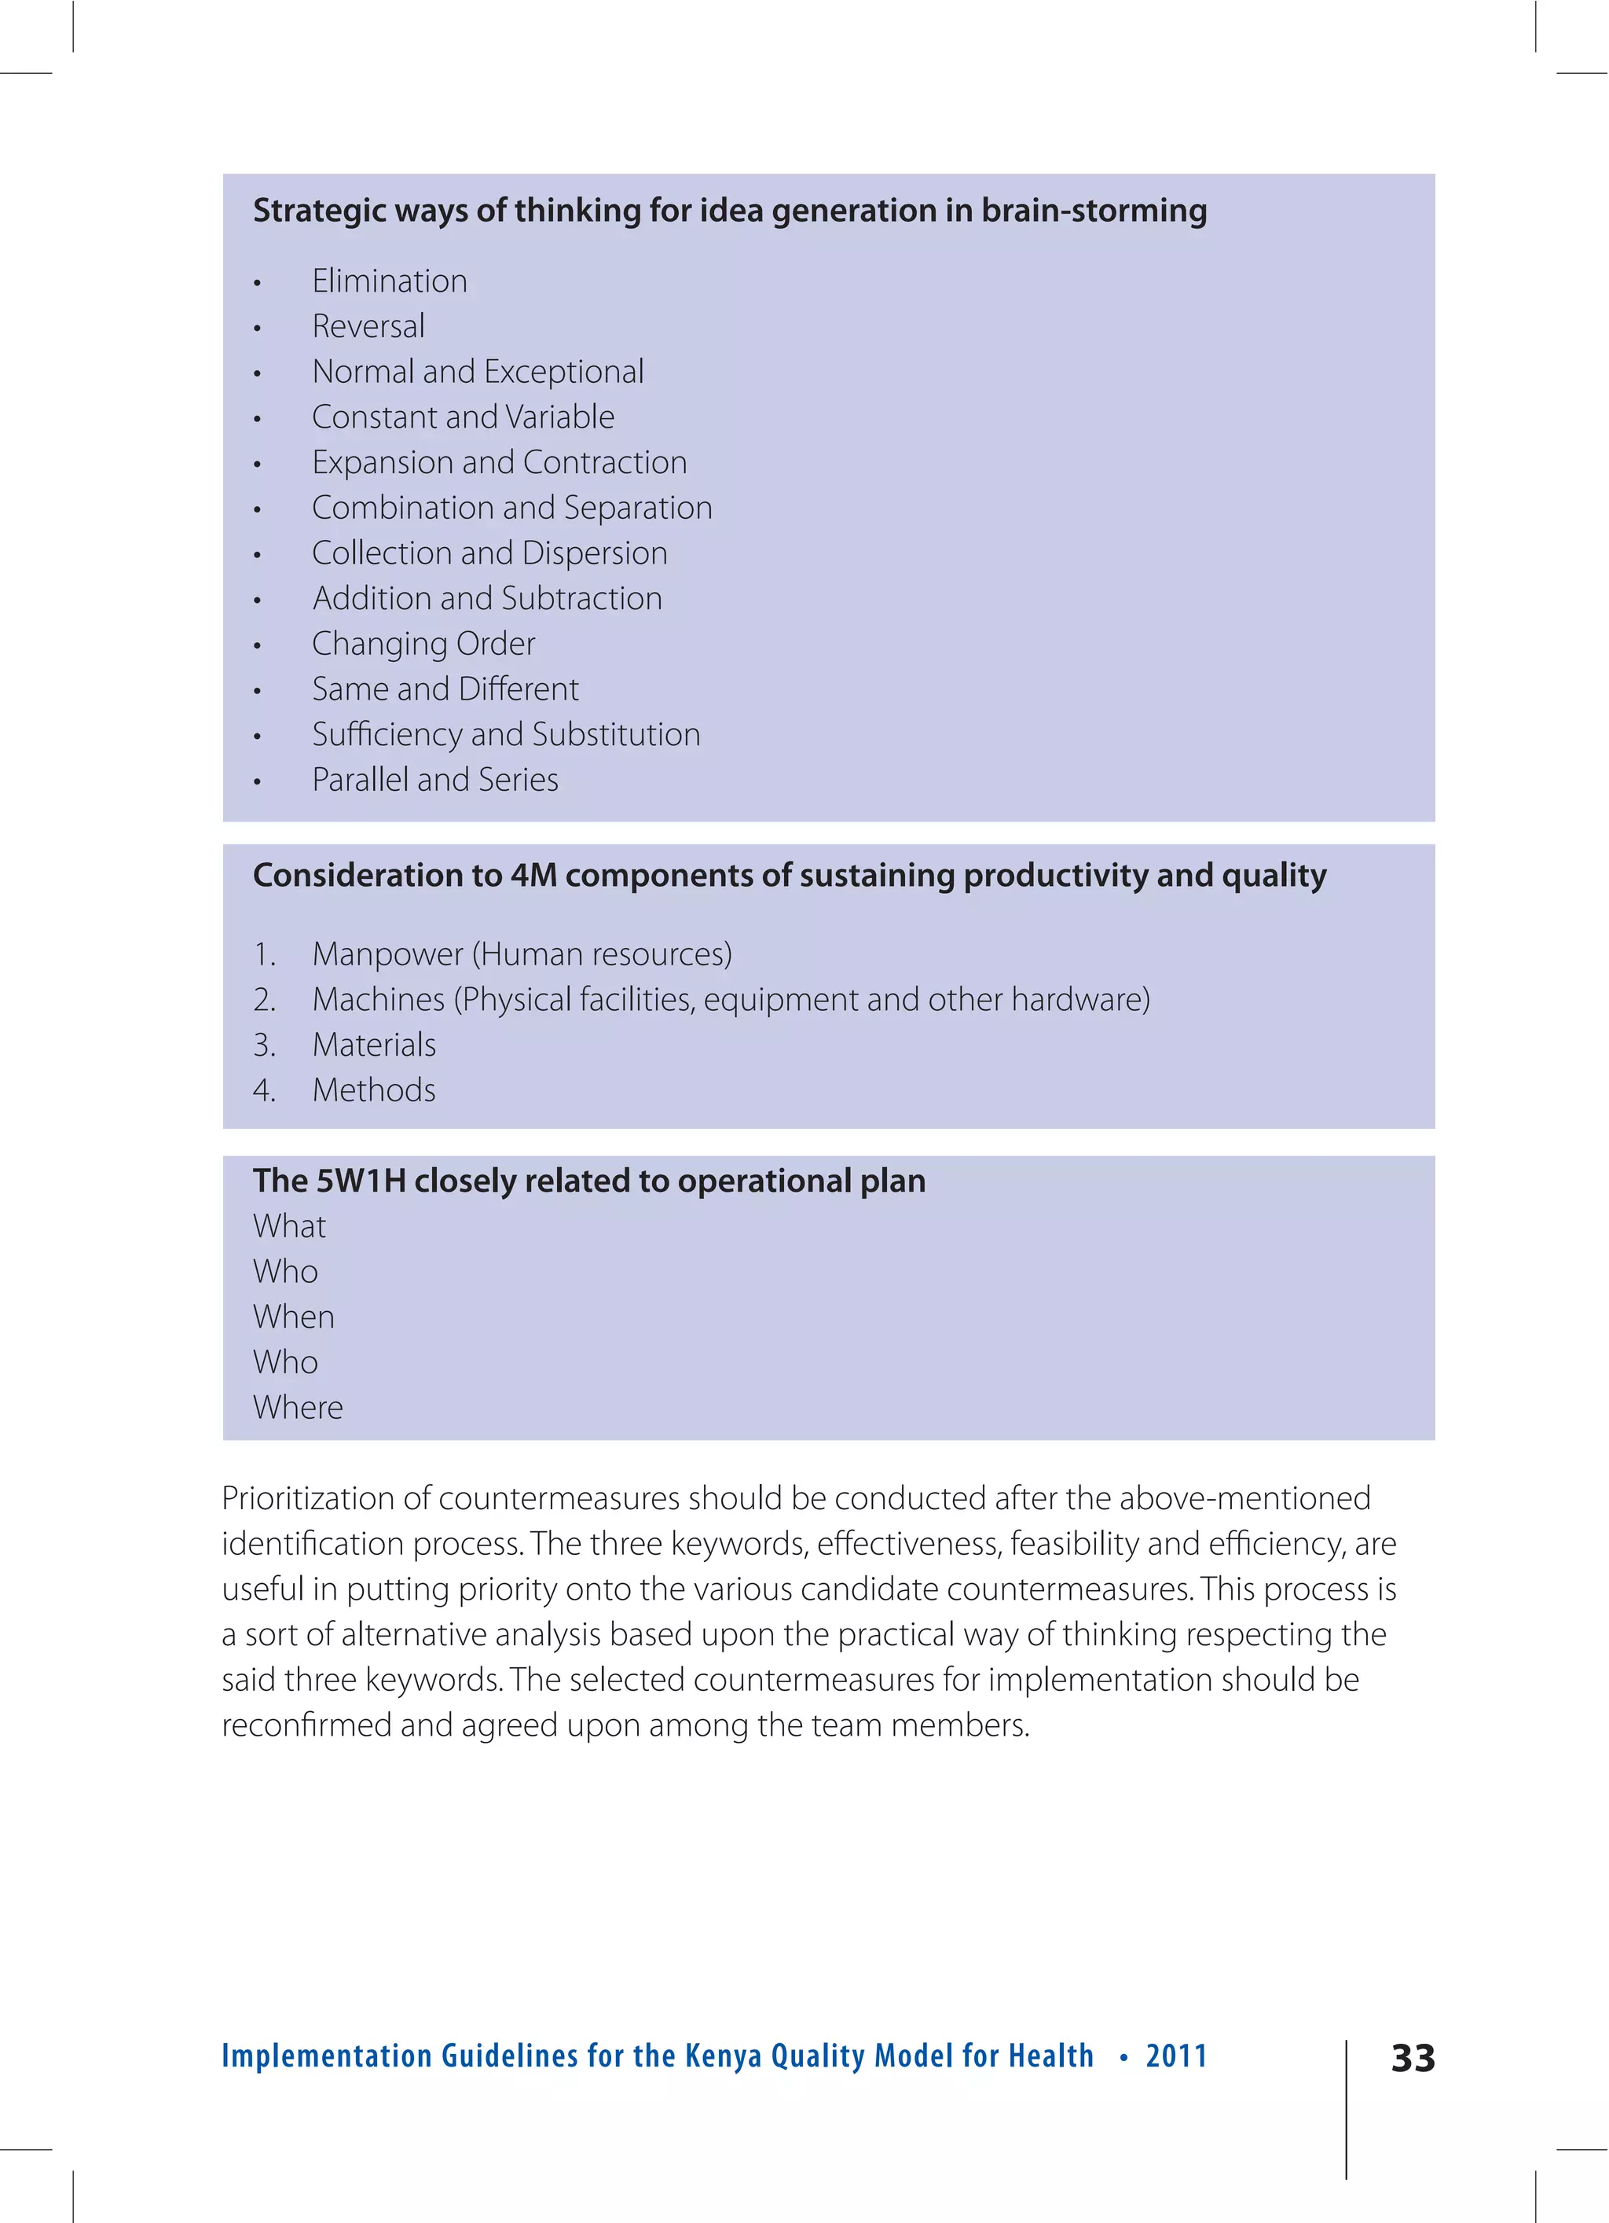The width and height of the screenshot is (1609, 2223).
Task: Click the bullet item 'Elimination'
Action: click(x=389, y=281)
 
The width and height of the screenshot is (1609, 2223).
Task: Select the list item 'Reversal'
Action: click(x=368, y=326)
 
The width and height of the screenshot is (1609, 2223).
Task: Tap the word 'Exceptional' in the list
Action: click(x=563, y=373)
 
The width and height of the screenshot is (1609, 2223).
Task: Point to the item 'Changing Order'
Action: click(x=423, y=644)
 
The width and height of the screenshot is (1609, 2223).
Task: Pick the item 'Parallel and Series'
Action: click(x=435, y=781)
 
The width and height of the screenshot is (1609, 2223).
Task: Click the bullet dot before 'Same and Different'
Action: click(x=258, y=692)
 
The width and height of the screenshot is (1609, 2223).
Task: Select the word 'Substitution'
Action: click(x=617, y=735)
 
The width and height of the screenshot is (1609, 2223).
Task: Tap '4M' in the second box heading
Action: click(x=533, y=875)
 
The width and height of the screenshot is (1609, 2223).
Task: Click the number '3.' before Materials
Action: click(x=264, y=1045)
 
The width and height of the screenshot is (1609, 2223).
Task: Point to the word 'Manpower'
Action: click(x=387, y=954)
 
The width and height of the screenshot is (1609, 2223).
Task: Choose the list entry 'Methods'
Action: click(x=373, y=1091)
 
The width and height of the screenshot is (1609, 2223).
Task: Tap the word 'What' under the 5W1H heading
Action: click(x=289, y=1226)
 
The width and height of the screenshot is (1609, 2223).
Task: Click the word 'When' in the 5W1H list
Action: click(x=293, y=1317)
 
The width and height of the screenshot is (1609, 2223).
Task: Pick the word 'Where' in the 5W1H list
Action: click(x=298, y=1408)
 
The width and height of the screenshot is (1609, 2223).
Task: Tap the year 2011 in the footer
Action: click(x=1176, y=2056)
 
